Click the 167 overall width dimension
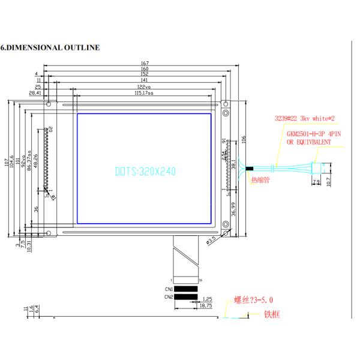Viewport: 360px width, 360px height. [145, 63]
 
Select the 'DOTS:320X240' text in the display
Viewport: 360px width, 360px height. [145, 172]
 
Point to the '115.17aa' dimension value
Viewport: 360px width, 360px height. [145, 94]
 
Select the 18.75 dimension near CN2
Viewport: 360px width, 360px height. [205, 305]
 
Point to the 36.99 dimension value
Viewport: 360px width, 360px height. [233, 209]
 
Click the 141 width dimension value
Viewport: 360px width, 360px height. [144, 80]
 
